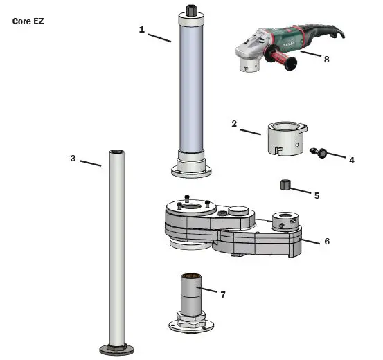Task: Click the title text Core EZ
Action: click(x=28, y=21)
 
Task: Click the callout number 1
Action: click(x=142, y=29)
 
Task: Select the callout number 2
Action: click(x=234, y=124)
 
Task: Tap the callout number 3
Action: click(x=73, y=158)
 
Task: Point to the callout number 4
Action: click(x=351, y=160)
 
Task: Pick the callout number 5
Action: click(x=317, y=196)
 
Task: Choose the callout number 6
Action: click(x=326, y=241)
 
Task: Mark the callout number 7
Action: click(x=223, y=294)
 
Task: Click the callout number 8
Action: click(x=326, y=59)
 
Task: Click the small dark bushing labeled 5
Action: click(x=284, y=184)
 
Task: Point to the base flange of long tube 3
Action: click(x=116, y=349)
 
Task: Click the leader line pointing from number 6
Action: click(x=310, y=239)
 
